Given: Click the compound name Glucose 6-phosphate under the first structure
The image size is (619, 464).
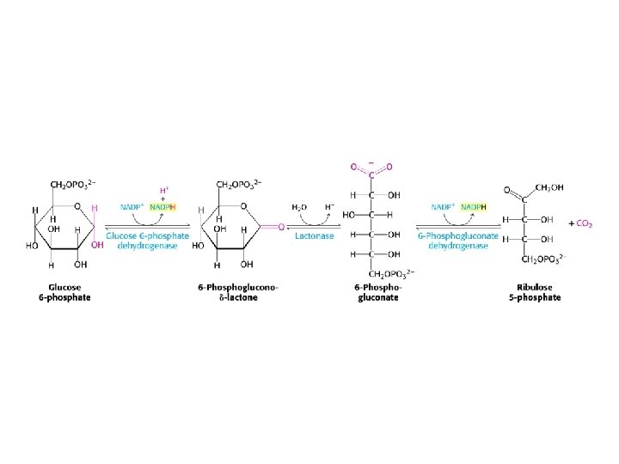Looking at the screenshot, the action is [70, 292].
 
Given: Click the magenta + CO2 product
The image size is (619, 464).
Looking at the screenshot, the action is [580, 223].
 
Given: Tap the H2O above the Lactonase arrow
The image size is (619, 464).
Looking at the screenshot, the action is [299, 207].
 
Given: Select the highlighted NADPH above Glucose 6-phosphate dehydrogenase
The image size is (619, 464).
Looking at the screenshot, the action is [162, 207].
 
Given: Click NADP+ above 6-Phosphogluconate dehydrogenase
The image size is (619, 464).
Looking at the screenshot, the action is [443, 207].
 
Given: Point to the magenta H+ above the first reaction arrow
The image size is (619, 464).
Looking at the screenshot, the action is [165, 190].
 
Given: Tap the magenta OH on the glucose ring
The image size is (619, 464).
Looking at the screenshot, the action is [97, 244].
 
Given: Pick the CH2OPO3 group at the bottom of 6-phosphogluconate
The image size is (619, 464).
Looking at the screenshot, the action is [392, 273].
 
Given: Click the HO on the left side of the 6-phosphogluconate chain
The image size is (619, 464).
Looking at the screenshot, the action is [350, 214].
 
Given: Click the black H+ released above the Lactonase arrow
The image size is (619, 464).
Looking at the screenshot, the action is [329, 207].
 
